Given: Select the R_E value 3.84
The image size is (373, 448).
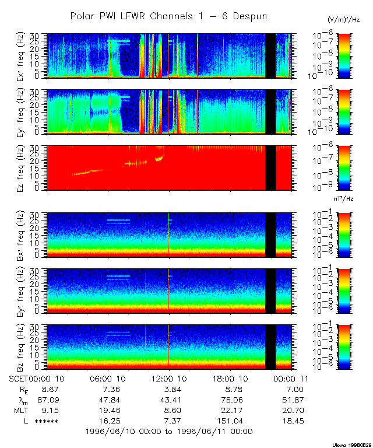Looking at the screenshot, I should tap(168, 389).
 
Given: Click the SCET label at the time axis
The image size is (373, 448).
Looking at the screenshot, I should tap(20, 379).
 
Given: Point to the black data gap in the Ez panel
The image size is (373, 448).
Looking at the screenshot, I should tap(270, 168).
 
